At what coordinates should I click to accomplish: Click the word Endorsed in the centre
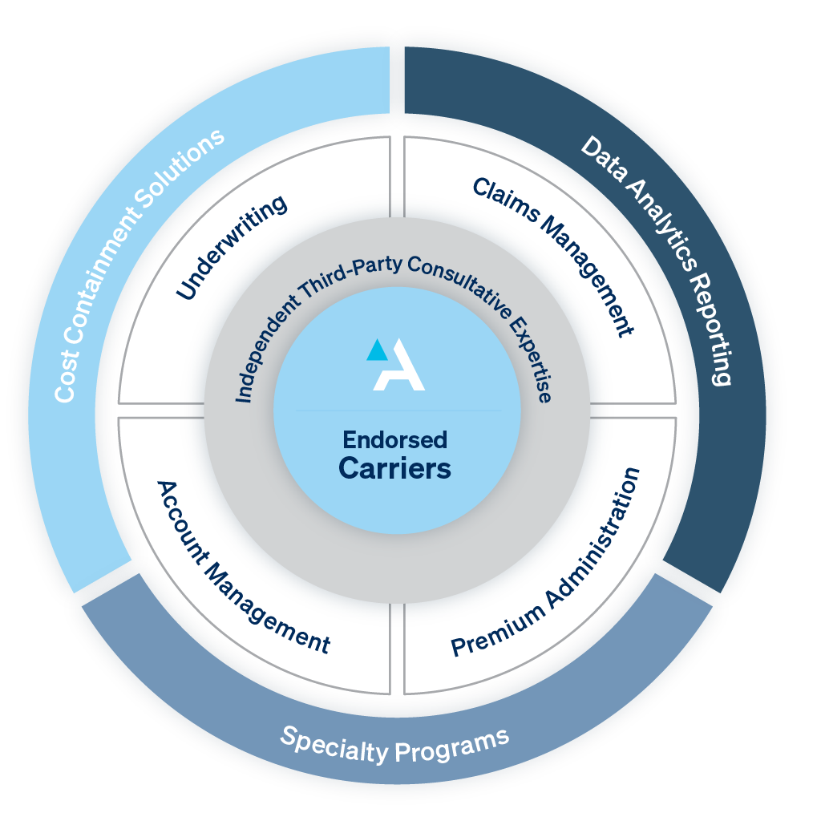click(394, 440)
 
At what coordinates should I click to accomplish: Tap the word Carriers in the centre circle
click(394, 467)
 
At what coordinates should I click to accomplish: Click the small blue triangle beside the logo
click(375, 350)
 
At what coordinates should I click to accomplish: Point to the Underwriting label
click(232, 248)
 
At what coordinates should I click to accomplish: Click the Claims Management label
click(552, 256)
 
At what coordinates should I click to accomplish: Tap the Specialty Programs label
click(394, 744)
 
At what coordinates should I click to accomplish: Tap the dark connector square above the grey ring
click(397, 205)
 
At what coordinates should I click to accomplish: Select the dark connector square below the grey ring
click(397, 615)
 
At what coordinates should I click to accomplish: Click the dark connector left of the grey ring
click(192, 410)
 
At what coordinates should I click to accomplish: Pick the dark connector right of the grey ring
click(602, 410)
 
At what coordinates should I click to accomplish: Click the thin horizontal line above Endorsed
click(397, 410)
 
